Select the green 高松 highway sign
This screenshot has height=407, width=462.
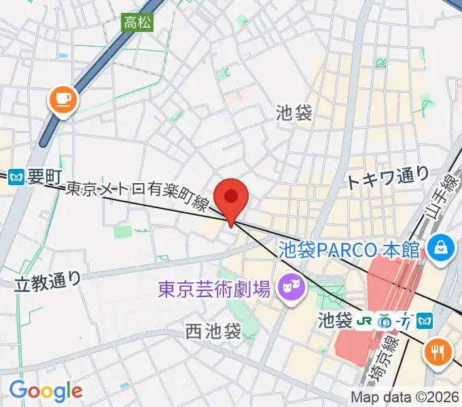point(138,22)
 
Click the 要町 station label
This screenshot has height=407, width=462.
point(45,177)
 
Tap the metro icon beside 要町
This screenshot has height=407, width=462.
point(17,178)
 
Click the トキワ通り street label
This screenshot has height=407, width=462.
point(388,178)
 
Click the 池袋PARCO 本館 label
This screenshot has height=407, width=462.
point(349,249)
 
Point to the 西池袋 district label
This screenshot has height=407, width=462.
point(213,332)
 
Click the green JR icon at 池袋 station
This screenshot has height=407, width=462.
point(365,319)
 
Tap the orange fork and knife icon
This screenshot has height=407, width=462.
point(438,352)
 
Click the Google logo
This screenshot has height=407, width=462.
point(46,391)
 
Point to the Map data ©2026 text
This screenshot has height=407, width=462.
point(405,397)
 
